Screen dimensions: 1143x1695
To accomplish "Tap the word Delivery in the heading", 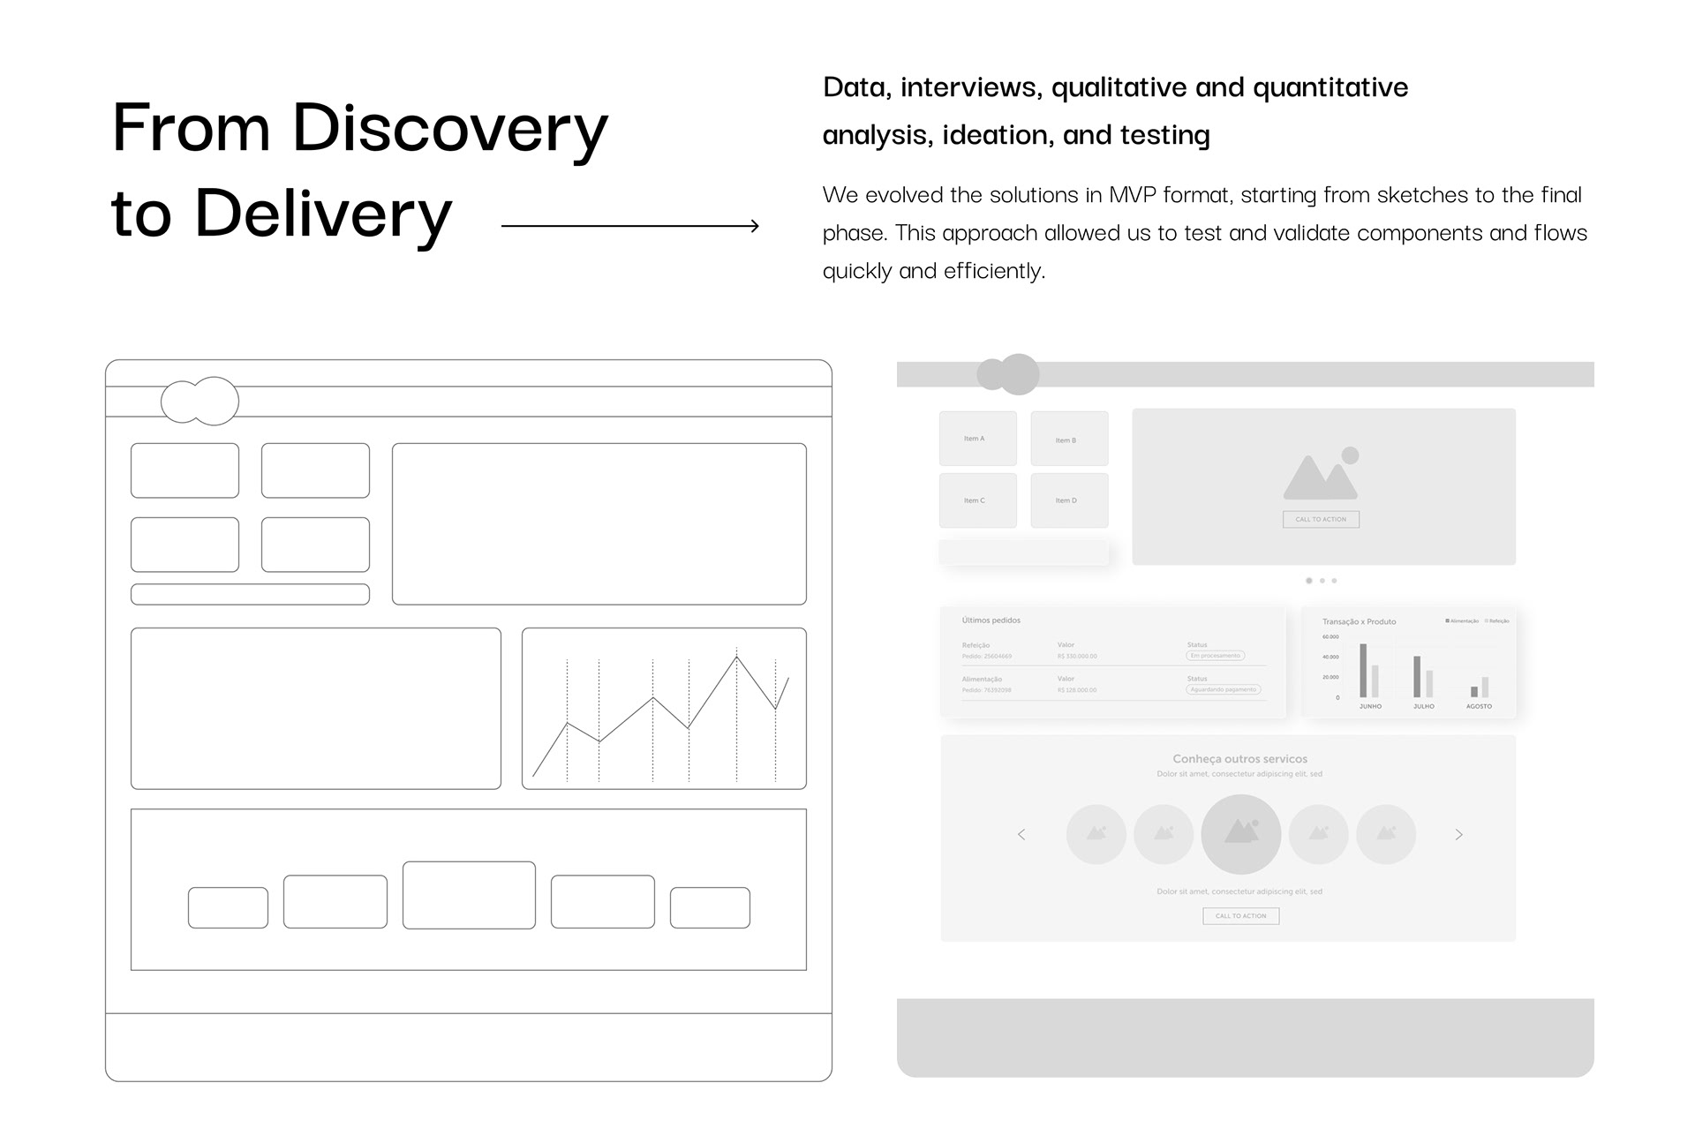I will pyautogui.click(x=323, y=214).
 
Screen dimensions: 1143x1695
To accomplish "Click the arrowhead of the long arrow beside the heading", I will pyautogui.click(x=755, y=226).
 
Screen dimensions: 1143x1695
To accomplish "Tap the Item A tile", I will pyautogui.click(x=977, y=439).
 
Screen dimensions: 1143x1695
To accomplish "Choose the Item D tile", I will pyautogui.click(x=1069, y=500).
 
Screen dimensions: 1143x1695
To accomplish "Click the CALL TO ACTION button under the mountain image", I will pyautogui.click(x=1321, y=520).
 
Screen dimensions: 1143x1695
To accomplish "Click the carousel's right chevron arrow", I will pyautogui.click(x=1458, y=835).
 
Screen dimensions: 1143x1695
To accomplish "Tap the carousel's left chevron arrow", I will pyautogui.click(x=1021, y=835).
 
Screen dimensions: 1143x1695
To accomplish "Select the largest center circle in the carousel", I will pyautogui.click(x=1240, y=834).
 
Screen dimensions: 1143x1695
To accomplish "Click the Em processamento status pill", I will pyautogui.click(x=1216, y=656).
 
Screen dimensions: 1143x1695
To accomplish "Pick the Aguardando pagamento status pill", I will pyautogui.click(x=1223, y=690).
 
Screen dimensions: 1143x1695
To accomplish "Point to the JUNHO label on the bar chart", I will pyautogui.click(x=1370, y=707).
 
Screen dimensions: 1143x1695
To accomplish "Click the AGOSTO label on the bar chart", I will pyautogui.click(x=1479, y=707).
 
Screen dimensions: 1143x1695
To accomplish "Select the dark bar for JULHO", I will pyautogui.click(x=1417, y=677).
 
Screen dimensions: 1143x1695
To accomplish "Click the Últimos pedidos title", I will pyautogui.click(x=991, y=620).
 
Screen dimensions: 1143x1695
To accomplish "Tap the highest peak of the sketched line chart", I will pyautogui.click(x=736, y=657).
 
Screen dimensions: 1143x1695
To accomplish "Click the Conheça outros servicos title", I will pyautogui.click(x=1239, y=759).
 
